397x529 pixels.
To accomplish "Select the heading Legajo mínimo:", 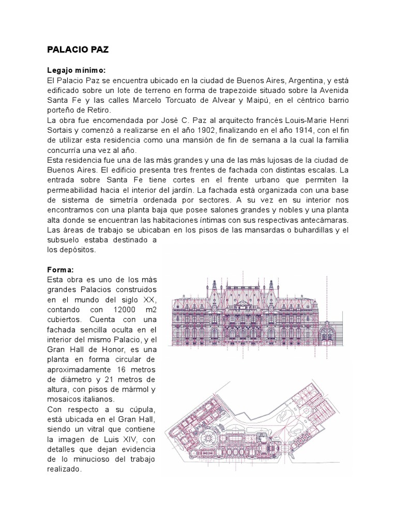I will pos(77,70).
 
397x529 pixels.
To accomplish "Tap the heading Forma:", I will pos(60,270).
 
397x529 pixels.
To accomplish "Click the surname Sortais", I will pos(61,130).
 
